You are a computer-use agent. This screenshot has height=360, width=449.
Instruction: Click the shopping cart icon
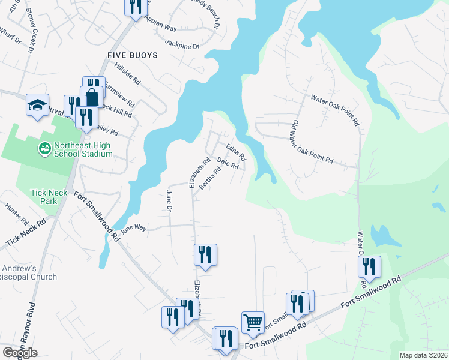(253, 322)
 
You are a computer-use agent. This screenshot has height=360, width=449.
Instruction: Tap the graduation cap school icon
(37, 106)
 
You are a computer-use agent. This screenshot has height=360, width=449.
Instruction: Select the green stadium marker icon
(44, 148)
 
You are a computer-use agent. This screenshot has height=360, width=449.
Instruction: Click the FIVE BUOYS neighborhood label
(132, 55)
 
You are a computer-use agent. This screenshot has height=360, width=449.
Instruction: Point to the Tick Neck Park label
(53, 197)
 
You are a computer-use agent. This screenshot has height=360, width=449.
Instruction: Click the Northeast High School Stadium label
(83, 149)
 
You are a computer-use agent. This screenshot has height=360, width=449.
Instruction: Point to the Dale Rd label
(228, 163)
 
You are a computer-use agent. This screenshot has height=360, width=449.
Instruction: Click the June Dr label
(169, 199)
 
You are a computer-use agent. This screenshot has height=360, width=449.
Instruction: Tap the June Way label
(133, 229)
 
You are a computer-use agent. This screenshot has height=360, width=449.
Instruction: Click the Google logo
(20, 353)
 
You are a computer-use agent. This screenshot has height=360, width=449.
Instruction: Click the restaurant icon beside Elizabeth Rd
(205, 255)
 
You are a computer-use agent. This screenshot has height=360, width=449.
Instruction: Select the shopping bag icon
(93, 97)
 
